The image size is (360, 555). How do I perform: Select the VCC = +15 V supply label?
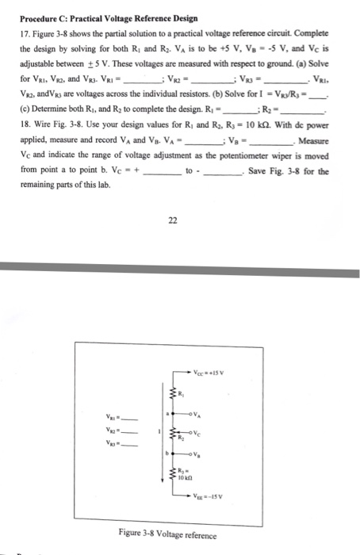point(212,374)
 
